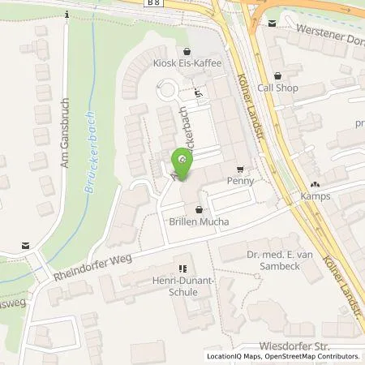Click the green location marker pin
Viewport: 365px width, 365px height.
click(x=183, y=161)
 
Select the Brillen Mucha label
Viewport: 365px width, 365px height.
click(x=200, y=221)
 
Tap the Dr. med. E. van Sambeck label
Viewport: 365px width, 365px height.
click(x=278, y=260)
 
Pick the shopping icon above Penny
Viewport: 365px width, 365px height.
click(x=239, y=170)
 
